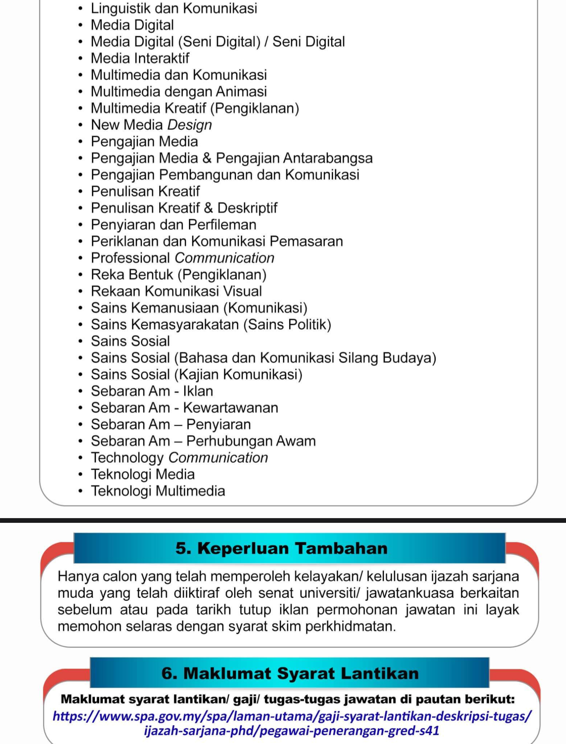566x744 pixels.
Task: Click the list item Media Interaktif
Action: point(140,58)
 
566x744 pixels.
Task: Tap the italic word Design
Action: point(190,125)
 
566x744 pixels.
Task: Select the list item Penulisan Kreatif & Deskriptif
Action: point(184,208)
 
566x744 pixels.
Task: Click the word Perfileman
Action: point(222,225)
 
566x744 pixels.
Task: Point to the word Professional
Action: point(130,258)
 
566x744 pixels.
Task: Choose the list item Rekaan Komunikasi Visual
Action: point(176,291)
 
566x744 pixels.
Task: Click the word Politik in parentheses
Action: point(309,325)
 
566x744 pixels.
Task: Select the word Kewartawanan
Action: point(231,408)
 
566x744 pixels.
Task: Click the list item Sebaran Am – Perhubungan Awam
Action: point(203,441)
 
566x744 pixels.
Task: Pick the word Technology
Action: point(127,458)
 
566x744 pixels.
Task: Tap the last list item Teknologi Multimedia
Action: point(158,491)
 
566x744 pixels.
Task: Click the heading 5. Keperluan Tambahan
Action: point(282,548)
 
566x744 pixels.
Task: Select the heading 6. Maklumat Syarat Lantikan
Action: point(290,673)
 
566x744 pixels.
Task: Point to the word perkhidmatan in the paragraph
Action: point(350,626)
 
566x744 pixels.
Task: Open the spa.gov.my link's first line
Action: point(292,716)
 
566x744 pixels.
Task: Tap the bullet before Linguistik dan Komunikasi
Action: point(80,8)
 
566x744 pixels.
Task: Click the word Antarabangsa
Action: point(328,158)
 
